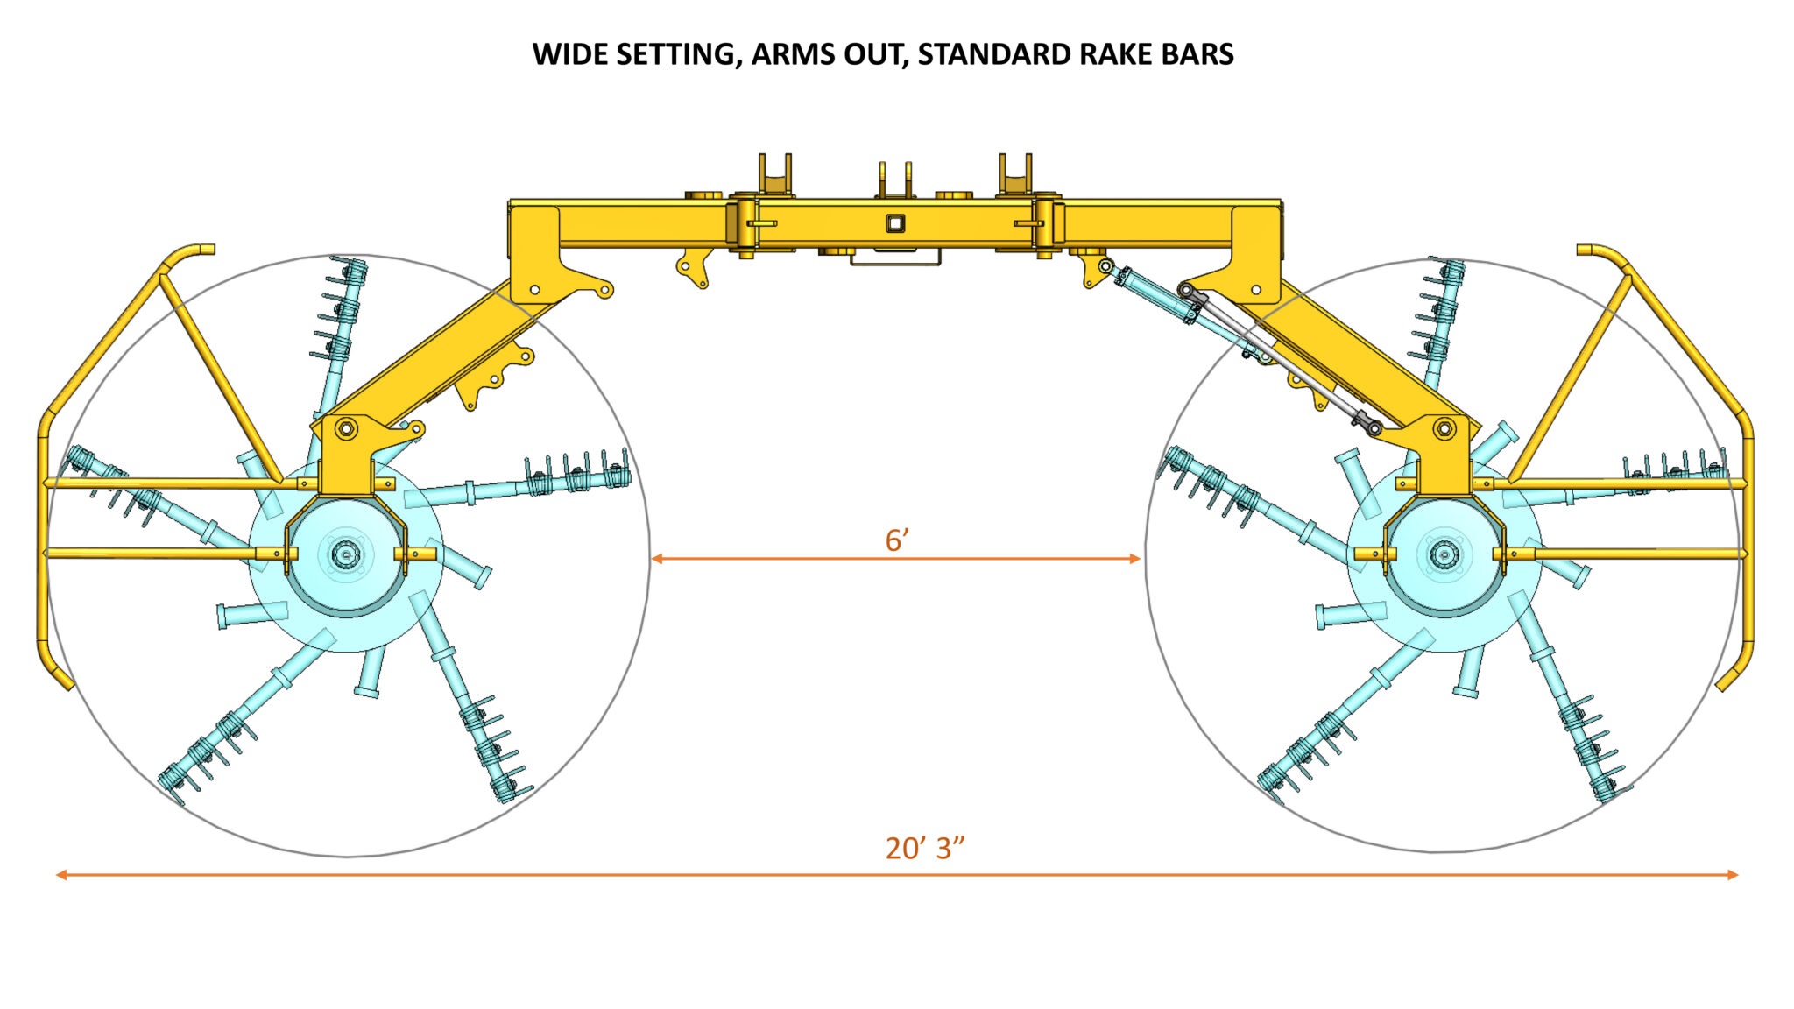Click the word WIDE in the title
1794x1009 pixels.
[x=570, y=54]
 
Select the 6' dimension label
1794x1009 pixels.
[x=897, y=540]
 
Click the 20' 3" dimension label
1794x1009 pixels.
[x=924, y=848]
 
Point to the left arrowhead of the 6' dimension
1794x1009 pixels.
[x=656, y=558]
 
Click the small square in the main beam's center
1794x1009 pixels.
[x=894, y=223]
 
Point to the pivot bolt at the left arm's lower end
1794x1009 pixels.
[x=345, y=429]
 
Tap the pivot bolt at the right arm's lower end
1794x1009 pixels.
[x=1444, y=428]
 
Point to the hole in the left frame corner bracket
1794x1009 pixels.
[x=534, y=289]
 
